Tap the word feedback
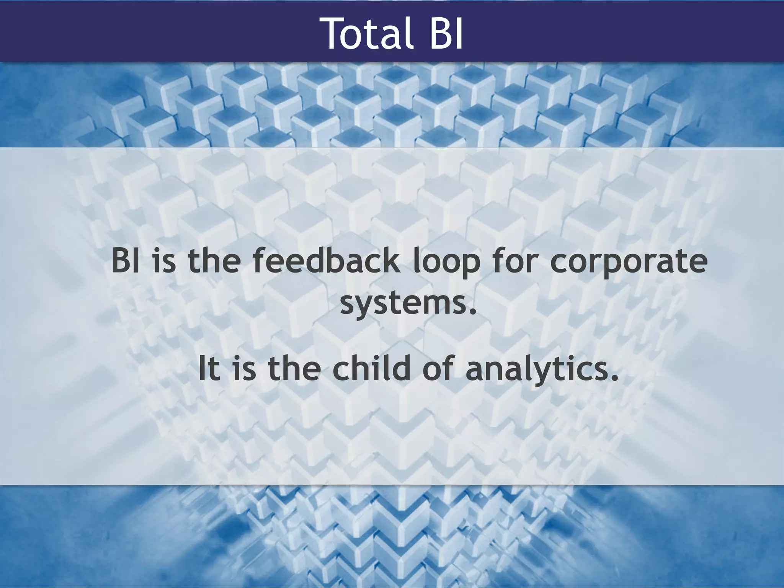(x=325, y=261)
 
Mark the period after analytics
(x=614, y=378)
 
